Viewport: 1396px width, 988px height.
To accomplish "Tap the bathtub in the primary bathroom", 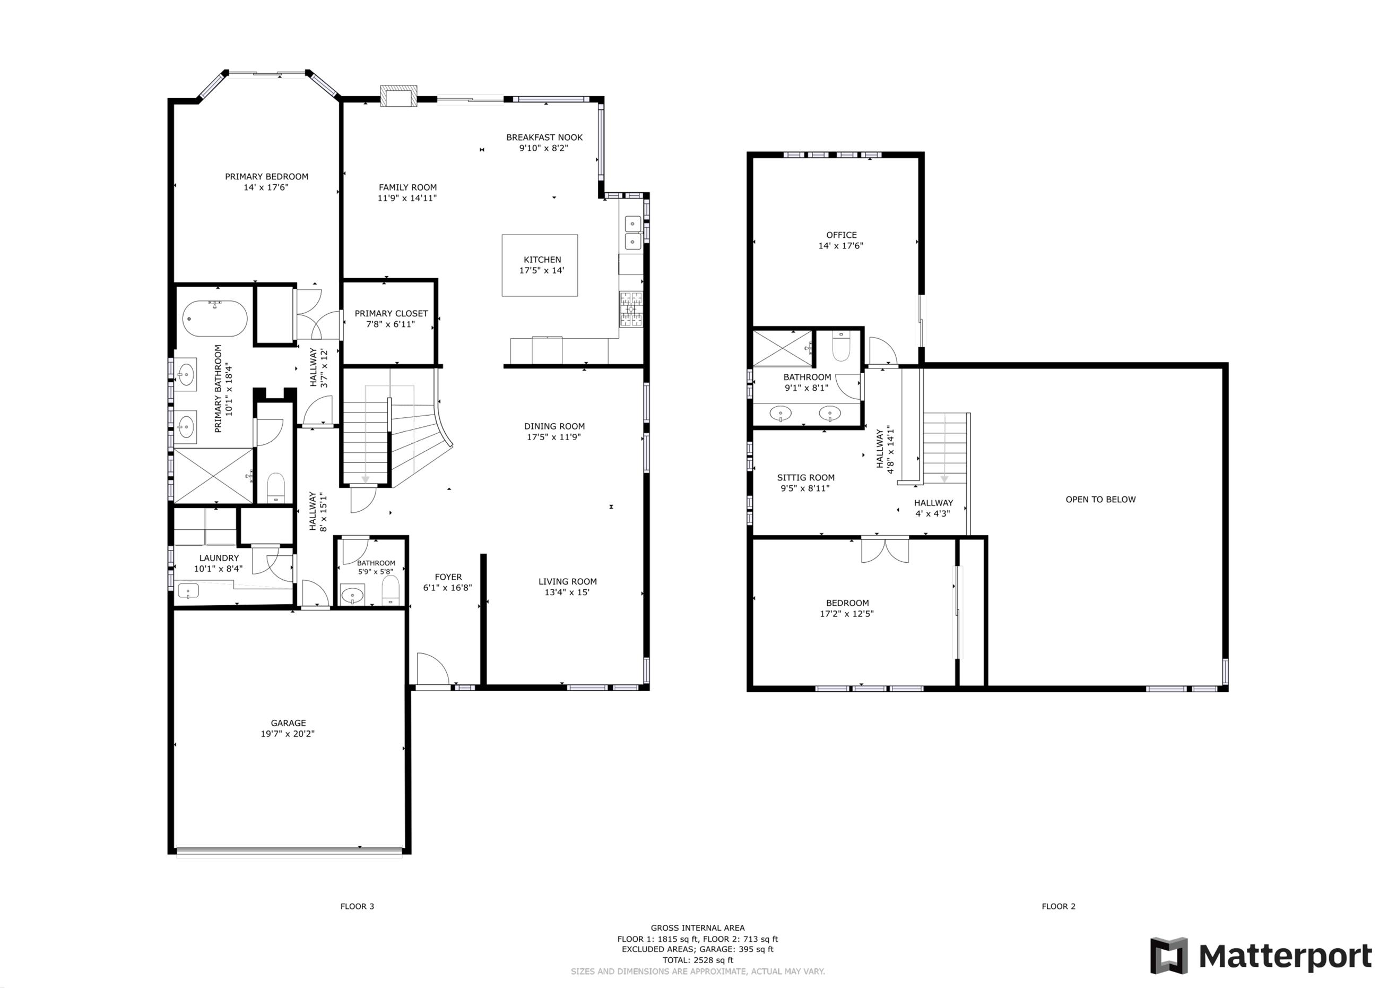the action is coord(215,319).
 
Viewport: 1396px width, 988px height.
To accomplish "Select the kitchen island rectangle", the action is coord(539,265).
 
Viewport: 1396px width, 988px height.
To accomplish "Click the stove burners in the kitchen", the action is coord(631,310).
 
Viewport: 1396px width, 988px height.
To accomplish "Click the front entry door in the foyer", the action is coord(433,671).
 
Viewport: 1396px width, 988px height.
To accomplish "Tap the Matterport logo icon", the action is coord(1168,955).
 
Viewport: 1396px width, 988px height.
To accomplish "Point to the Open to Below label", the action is coord(1100,500).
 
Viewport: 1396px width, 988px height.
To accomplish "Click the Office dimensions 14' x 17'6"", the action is coord(841,246).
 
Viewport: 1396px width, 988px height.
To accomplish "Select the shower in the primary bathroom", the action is coord(213,476).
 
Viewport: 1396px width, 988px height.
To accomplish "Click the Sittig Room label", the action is coord(805,478).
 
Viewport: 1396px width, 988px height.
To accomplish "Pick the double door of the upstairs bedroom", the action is coord(885,550).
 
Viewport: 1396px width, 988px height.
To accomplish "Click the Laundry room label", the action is coord(219,558).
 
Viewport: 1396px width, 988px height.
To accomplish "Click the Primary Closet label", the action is coord(391,313).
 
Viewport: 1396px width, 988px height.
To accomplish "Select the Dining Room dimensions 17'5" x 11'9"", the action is coord(554,437).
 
